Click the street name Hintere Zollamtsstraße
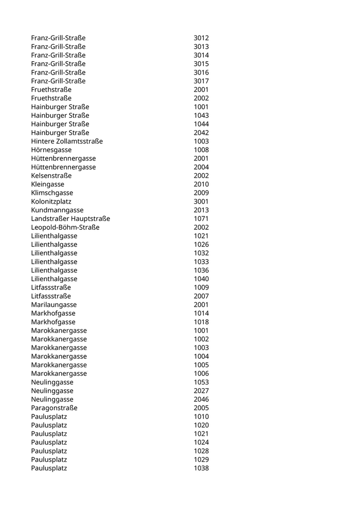point(67,141)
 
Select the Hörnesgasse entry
point(51,150)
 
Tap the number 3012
point(201,38)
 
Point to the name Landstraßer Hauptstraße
point(70,219)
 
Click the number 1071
point(201,219)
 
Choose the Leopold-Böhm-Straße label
point(65,227)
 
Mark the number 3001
point(201,202)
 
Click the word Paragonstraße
point(55,408)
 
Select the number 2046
point(201,399)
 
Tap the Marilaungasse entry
point(54,305)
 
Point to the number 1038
point(201,468)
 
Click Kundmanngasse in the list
point(57,210)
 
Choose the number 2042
point(201,133)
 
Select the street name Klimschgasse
point(52,193)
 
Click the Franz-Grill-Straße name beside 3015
point(58,64)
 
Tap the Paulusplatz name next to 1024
point(49,443)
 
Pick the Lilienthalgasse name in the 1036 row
point(54,270)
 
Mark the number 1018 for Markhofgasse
point(201,322)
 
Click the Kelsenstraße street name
point(51,176)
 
